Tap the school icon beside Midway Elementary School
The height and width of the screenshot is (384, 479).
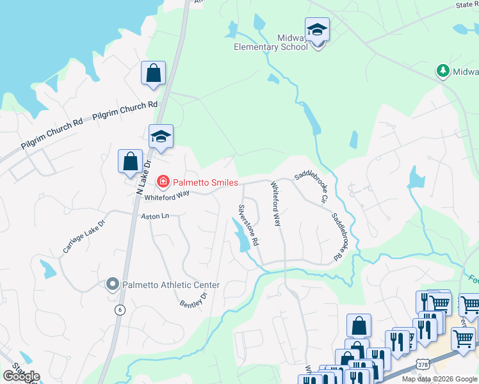coord(317,29)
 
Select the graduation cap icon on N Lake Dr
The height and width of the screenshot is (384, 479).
coord(161,136)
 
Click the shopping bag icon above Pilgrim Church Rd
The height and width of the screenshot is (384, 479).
coord(154,74)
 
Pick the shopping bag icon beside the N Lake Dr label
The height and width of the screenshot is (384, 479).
coord(130,162)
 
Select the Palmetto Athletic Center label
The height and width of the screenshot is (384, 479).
coord(171,285)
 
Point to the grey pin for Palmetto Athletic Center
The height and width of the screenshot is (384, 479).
coord(113,284)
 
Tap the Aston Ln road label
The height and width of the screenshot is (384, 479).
coord(155,216)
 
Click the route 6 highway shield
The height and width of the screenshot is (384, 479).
coord(119,310)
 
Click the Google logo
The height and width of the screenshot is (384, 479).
coord(21,376)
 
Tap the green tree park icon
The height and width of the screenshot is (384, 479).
coord(442,70)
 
